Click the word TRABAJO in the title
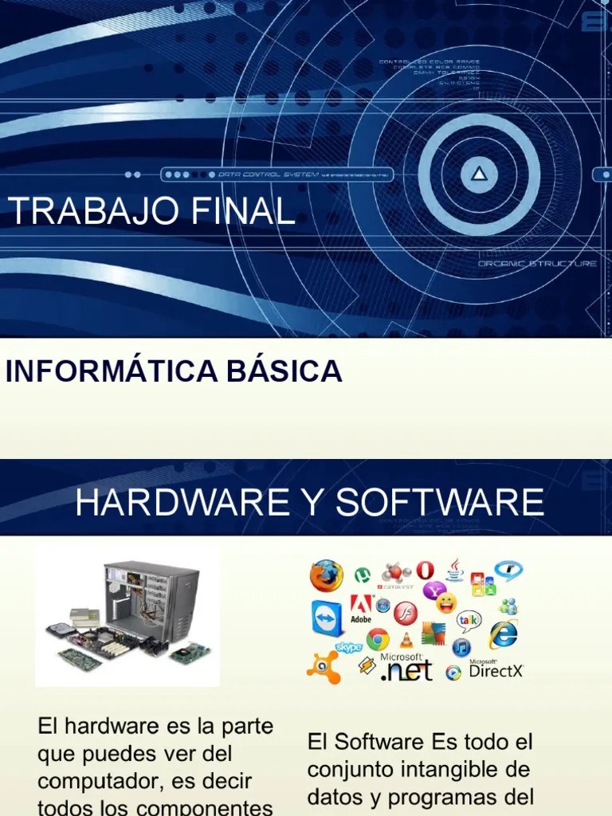click(78, 211)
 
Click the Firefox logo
click(327, 575)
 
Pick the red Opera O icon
click(425, 571)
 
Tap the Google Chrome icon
click(378, 638)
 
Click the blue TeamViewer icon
click(327, 618)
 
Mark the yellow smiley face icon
click(446, 602)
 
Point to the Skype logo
click(348, 647)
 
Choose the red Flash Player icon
click(405, 613)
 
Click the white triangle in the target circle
click(478, 173)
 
